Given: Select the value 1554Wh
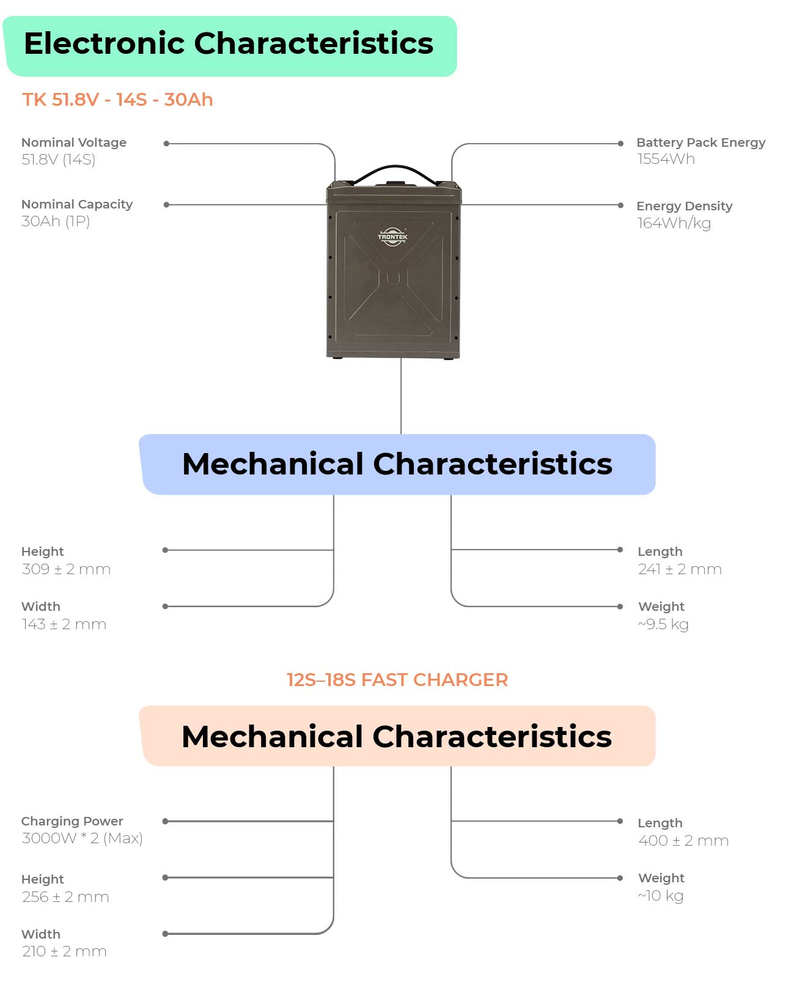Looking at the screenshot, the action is (x=666, y=159).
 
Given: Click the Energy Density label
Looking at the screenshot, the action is (x=685, y=206).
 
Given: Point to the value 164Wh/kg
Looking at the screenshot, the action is (x=674, y=223).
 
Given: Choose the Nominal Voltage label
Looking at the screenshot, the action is (x=74, y=142).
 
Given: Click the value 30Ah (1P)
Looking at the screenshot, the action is (x=56, y=221).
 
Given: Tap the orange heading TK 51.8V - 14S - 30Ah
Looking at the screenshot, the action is (x=118, y=100).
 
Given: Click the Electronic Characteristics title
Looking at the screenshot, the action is (x=229, y=43).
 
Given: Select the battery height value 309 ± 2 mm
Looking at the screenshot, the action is (x=66, y=569).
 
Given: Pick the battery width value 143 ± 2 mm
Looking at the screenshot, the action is (x=64, y=624).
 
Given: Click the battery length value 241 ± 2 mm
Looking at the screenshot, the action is (x=680, y=569).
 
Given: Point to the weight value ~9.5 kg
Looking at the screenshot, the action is (x=663, y=624).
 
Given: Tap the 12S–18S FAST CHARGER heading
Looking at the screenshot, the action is (x=397, y=680).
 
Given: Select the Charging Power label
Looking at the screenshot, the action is (x=72, y=821).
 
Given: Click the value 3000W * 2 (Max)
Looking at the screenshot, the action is (x=82, y=838).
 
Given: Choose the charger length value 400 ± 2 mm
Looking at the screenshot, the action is (x=683, y=841).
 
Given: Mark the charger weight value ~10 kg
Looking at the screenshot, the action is (x=660, y=895).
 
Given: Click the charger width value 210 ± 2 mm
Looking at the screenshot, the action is (x=64, y=951).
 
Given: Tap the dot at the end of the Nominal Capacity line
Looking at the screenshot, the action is (x=166, y=205).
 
